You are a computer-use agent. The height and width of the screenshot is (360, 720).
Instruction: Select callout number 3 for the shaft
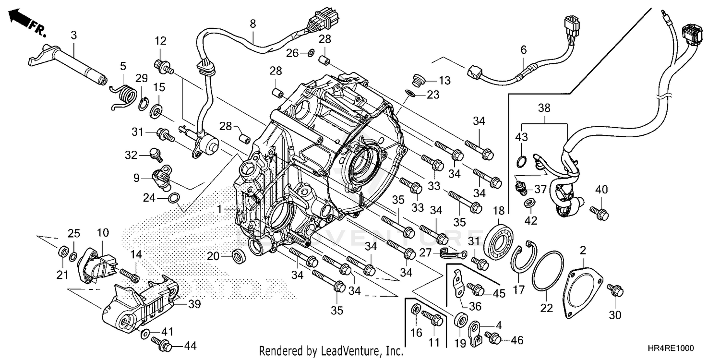tap(73, 35)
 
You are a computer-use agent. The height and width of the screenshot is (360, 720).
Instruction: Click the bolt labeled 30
tap(615, 291)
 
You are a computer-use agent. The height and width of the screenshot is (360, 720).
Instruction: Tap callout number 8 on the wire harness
tap(253, 23)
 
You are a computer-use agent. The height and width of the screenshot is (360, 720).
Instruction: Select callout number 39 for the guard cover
tap(194, 304)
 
